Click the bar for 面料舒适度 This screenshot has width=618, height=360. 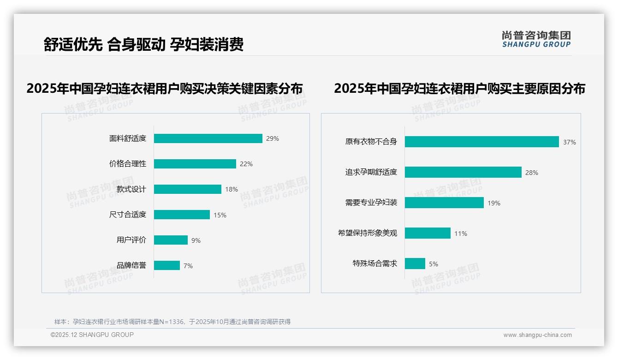(x=208, y=138)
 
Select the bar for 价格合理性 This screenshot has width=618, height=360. (x=195, y=164)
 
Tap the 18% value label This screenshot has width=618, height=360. (x=232, y=189)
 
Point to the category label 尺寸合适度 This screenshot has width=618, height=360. (x=127, y=215)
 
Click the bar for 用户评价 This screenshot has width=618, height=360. (x=171, y=240)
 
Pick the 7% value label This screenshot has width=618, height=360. (x=188, y=266)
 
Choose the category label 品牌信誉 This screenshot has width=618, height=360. (x=131, y=265)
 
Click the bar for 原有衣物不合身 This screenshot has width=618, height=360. (x=481, y=142)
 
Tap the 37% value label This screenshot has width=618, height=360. (x=569, y=142)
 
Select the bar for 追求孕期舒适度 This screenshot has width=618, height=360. (x=463, y=172)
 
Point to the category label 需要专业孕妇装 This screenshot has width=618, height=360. (x=371, y=203)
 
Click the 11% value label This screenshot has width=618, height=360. (x=460, y=234)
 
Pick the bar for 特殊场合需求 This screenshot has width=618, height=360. (x=415, y=264)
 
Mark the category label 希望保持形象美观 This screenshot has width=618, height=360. (x=367, y=233)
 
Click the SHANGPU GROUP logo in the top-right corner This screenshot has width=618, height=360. (x=536, y=39)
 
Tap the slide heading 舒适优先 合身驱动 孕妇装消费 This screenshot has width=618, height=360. (x=143, y=44)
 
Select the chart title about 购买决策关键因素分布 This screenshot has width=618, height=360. (x=164, y=89)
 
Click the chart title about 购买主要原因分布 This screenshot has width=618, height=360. (x=459, y=89)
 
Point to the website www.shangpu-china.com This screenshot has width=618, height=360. (x=537, y=335)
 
